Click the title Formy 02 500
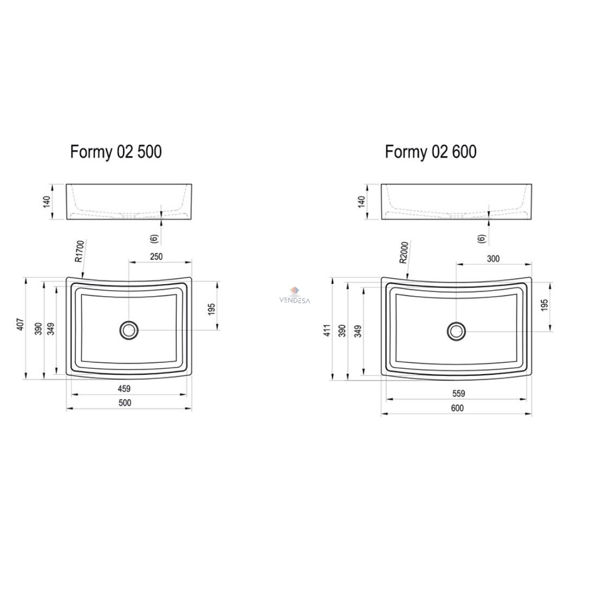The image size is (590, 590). (116, 152)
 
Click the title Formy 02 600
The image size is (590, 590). (431, 152)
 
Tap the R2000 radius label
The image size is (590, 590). (405, 252)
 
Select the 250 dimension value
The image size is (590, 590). (156, 256)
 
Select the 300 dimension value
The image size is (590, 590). (493, 259)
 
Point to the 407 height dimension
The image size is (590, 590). (21, 324)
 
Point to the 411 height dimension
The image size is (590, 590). (328, 330)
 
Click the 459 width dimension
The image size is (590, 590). (124, 388)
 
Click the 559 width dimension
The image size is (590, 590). (458, 394)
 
